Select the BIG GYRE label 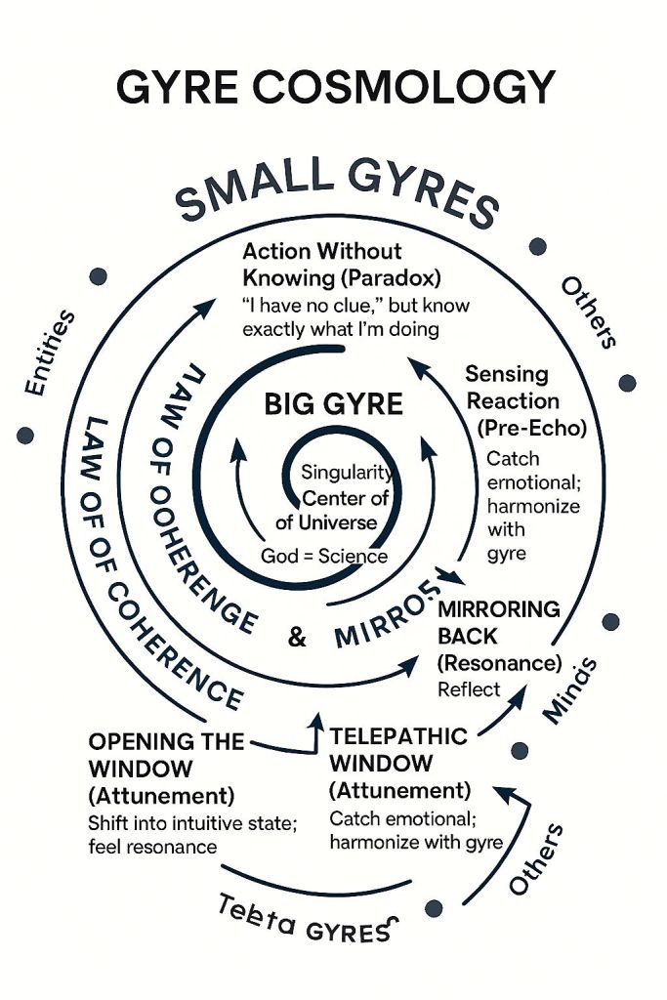[x=333, y=404]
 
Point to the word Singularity [x=348, y=475]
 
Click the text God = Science [x=324, y=557]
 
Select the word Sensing [x=506, y=374]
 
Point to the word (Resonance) [x=499, y=663]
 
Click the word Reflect [x=469, y=689]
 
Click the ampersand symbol [x=298, y=639]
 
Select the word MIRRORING [x=499, y=609]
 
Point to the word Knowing [x=285, y=277]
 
